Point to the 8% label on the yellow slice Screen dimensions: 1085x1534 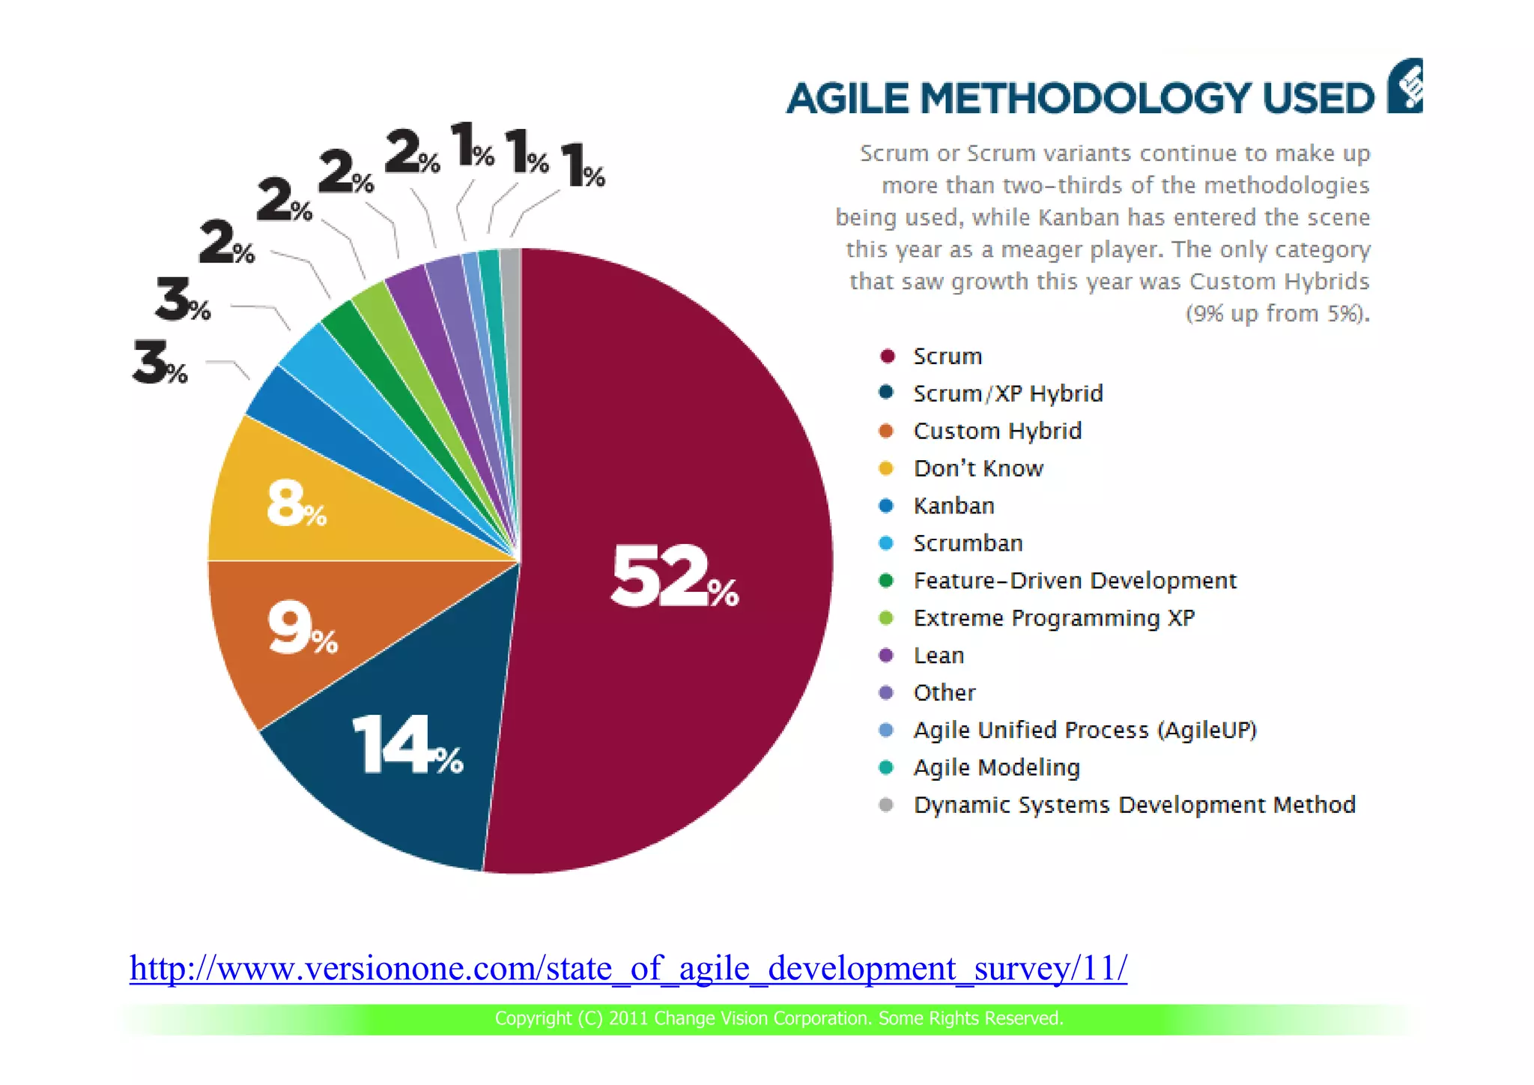[295, 504]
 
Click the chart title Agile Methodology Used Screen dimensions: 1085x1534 [1080, 98]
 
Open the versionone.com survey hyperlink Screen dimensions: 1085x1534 [628, 968]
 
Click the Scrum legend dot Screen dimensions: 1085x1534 [888, 356]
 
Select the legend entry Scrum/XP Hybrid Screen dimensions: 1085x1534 [1007, 393]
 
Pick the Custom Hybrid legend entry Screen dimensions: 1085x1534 [997, 431]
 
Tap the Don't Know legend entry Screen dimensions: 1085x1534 [977, 468]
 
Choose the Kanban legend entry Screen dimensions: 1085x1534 [954, 506]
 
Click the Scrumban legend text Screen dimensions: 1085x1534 [968, 543]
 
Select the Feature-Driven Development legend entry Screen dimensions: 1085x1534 [1074, 581]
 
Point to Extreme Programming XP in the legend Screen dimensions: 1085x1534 [1053, 618]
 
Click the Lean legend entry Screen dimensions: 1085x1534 [939, 656]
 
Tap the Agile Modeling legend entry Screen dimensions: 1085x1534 [996, 767]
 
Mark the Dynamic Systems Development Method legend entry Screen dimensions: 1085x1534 [1134, 805]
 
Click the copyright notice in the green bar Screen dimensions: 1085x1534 [779, 1018]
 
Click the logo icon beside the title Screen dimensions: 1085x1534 [1406, 86]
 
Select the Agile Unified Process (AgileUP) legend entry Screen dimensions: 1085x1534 [1085, 730]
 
